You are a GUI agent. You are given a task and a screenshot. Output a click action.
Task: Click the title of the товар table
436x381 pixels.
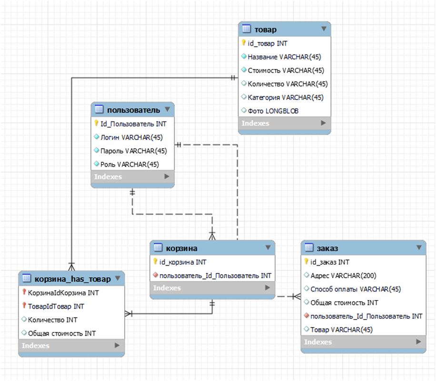point(266,30)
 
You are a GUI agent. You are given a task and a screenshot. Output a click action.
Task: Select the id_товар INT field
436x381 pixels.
point(268,43)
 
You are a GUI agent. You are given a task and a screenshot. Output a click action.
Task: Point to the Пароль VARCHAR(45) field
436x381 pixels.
point(133,151)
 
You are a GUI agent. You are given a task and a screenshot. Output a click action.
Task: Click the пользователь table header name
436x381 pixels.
point(133,110)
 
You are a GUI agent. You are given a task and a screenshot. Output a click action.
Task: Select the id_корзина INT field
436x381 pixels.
point(183,262)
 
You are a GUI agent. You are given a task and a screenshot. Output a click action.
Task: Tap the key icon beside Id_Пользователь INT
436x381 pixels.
point(96,124)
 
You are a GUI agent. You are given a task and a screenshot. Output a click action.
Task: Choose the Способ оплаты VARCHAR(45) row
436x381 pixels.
point(355,289)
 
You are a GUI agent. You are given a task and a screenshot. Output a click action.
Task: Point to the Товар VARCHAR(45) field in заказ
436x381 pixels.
point(341,330)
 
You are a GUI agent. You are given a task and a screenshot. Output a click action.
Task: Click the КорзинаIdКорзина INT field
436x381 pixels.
point(63,293)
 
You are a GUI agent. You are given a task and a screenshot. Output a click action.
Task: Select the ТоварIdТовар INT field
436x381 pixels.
point(56,306)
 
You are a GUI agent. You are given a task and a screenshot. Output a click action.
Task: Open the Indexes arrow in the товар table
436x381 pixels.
point(324,123)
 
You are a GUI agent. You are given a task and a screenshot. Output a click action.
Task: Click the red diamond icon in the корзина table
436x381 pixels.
point(155,276)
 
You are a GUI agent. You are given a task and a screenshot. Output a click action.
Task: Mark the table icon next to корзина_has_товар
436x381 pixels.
point(27,279)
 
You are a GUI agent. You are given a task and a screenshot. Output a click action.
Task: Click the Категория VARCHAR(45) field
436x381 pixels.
point(286,97)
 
